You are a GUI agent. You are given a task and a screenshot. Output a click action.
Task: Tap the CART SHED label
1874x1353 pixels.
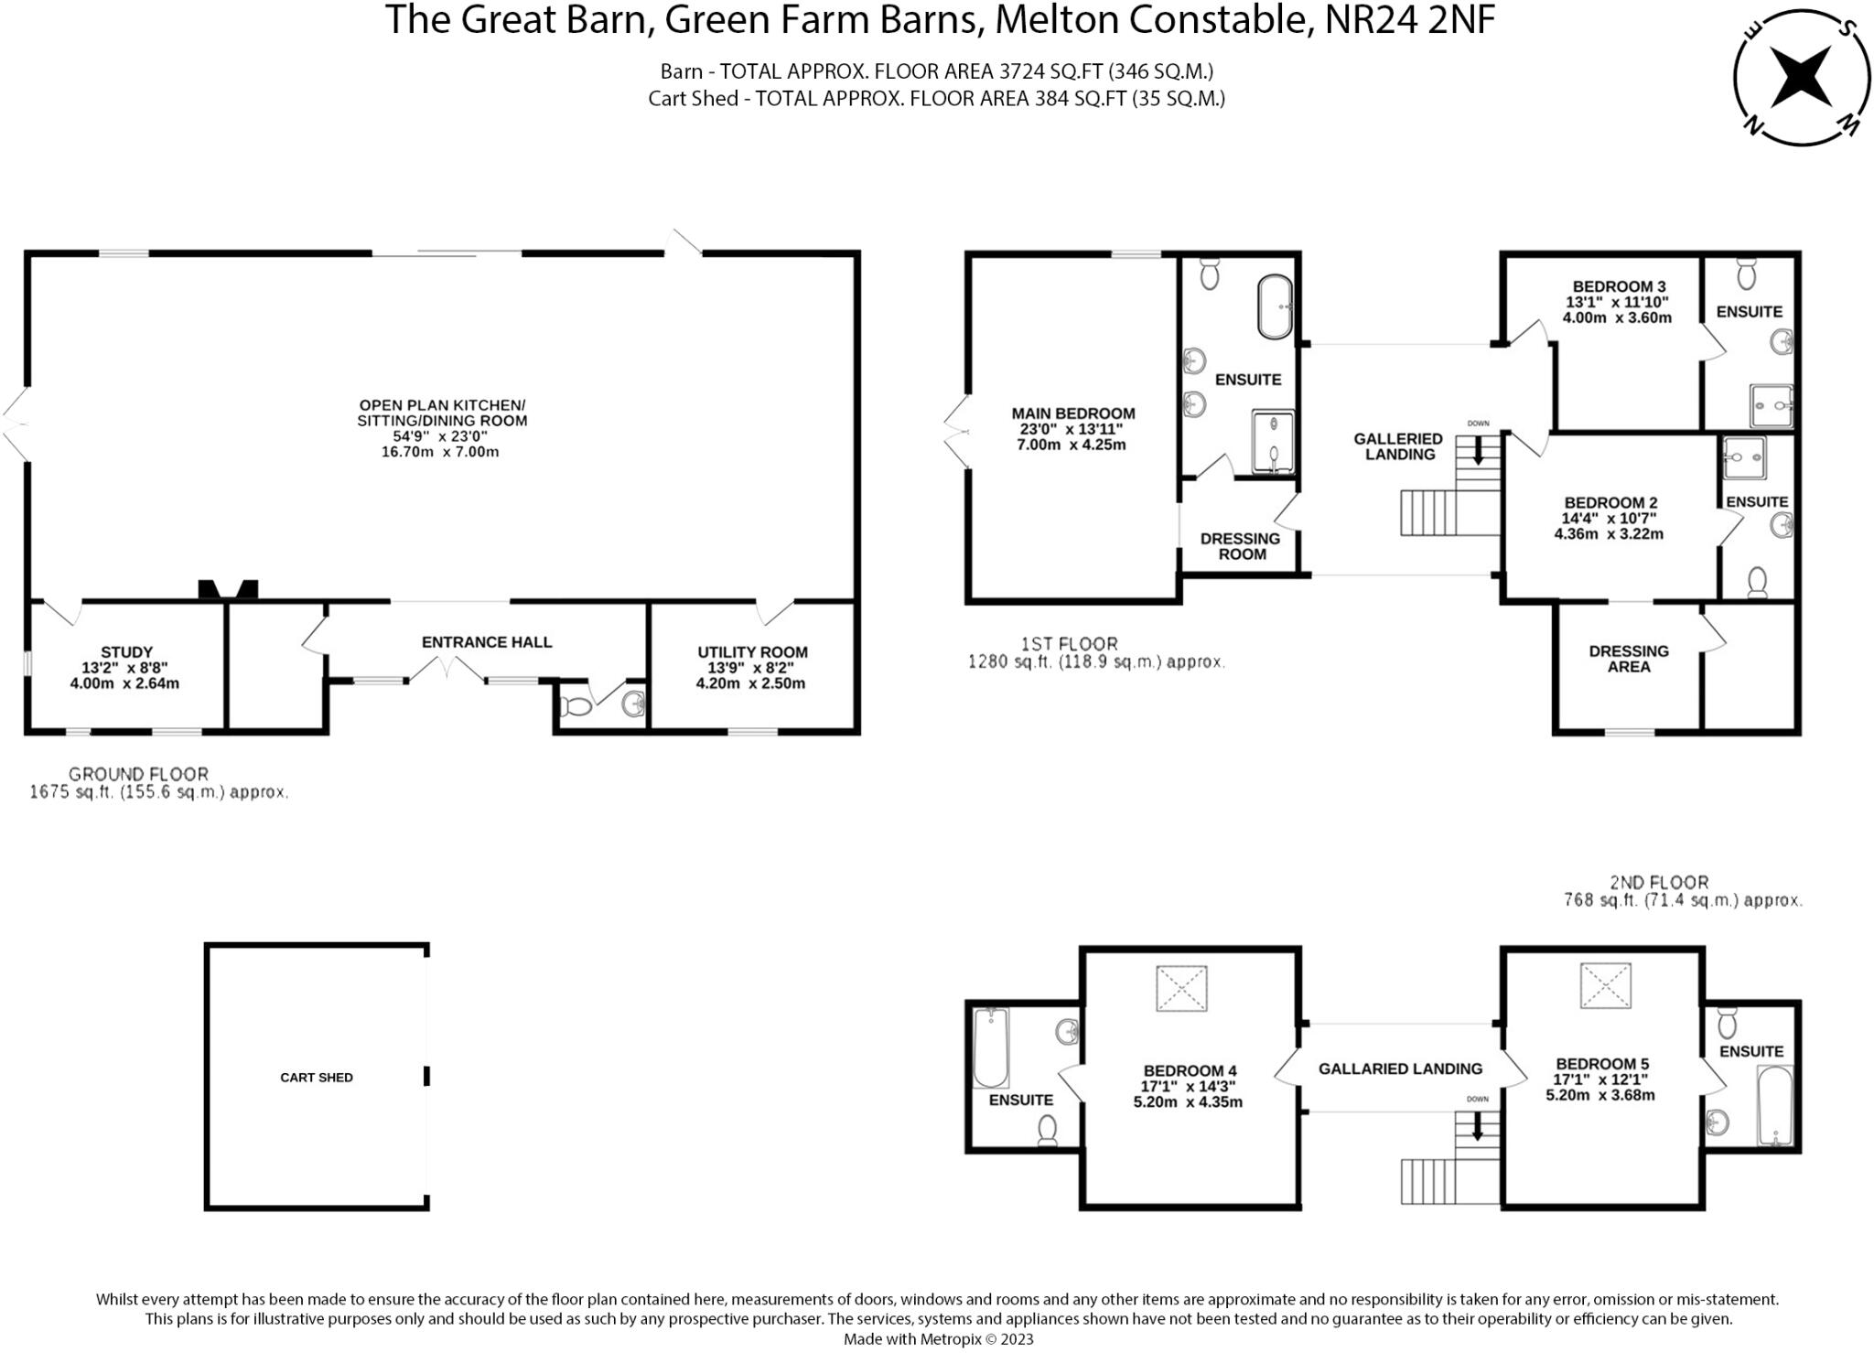pyautogui.click(x=316, y=1078)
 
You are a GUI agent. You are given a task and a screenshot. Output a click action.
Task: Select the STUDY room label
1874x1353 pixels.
pyautogui.click(x=126, y=652)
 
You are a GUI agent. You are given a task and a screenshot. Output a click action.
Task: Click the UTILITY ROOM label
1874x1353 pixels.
pyautogui.click(x=752, y=652)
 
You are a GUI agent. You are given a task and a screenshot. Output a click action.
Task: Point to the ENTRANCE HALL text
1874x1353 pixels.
pyautogui.click(x=487, y=642)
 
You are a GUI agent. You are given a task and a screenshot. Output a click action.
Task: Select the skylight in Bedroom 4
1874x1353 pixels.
pyautogui.click(x=1181, y=989)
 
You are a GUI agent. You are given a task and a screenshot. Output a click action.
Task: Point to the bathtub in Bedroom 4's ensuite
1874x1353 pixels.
pyautogui.click(x=990, y=1047)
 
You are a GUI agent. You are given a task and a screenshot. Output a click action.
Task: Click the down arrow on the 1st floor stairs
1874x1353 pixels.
pyautogui.click(x=1477, y=450)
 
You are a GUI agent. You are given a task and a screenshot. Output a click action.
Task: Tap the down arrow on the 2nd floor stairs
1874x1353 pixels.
pyautogui.click(x=1477, y=1126)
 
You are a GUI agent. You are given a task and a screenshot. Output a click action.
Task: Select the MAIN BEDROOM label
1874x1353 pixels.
pyautogui.click(x=1072, y=413)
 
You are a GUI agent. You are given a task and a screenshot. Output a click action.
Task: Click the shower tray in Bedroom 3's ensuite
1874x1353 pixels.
pyautogui.click(x=1772, y=406)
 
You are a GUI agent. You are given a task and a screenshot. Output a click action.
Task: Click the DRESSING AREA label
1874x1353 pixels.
pyautogui.click(x=1629, y=659)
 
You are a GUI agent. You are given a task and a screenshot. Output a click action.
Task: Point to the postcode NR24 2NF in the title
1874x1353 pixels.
pyautogui.click(x=1410, y=21)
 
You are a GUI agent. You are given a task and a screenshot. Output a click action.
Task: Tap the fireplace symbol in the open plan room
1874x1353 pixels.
pyautogui.click(x=229, y=589)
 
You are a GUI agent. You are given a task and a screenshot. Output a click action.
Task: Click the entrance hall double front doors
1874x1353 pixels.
pyautogui.click(x=447, y=672)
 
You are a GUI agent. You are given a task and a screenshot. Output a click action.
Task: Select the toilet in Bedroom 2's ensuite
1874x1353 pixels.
pyautogui.click(x=1757, y=582)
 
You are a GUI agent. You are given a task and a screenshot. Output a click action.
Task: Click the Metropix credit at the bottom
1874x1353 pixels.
pyautogui.click(x=938, y=1339)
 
